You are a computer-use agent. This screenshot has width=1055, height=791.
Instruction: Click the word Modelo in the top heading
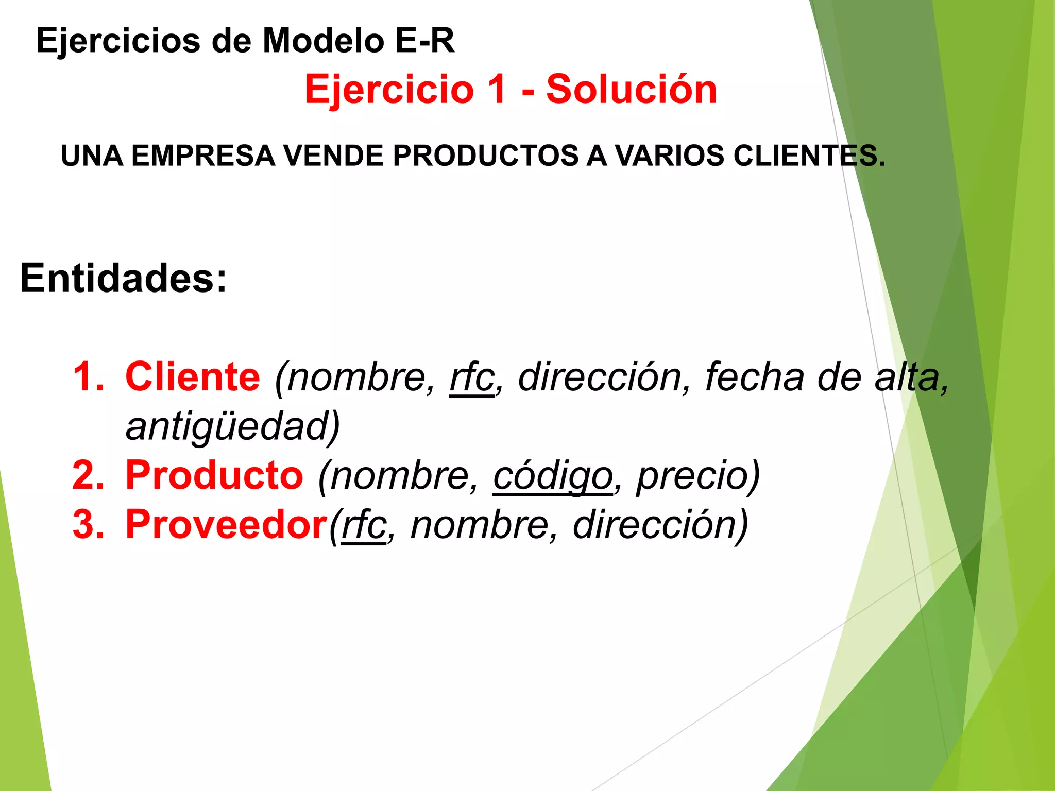click(x=323, y=41)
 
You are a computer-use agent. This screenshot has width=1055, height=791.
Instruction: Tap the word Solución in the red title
click(x=631, y=90)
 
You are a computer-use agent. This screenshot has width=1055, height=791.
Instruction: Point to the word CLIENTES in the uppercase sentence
click(x=809, y=156)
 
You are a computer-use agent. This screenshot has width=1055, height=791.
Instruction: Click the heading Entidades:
click(x=123, y=278)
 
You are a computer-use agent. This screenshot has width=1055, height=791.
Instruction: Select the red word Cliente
click(x=193, y=376)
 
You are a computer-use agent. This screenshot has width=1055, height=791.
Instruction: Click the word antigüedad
click(x=232, y=426)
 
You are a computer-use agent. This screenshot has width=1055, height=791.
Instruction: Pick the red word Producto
click(x=214, y=475)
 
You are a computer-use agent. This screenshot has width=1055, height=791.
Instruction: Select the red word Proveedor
click(x=227, y=525)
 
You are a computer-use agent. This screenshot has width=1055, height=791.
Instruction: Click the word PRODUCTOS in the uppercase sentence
click(x=486, y=156)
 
